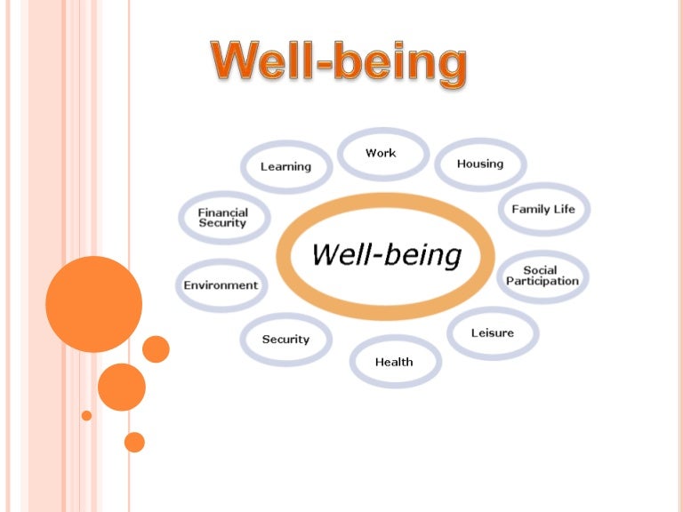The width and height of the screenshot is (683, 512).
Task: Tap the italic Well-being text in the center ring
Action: pos(386,256)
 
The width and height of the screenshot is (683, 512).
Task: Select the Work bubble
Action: pos(381,154)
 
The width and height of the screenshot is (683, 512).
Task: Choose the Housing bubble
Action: pos(480,164)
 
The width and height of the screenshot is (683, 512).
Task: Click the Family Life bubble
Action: pos(543,210)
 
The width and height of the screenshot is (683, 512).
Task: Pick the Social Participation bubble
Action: pos(542,276)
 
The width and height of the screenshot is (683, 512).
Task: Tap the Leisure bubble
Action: pos(493,333)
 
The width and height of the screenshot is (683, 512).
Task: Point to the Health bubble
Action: pos(394,362)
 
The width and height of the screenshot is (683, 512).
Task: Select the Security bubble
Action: pos(285,340)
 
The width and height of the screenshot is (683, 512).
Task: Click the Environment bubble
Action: pos(221,285)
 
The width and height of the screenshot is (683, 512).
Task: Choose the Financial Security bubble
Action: pos(223,218)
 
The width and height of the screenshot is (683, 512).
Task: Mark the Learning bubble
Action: pos(285,166)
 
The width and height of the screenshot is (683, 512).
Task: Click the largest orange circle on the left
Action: pos(93,304)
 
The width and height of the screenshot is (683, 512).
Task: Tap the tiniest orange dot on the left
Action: pos(86,415)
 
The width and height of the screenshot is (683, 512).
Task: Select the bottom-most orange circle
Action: pos(134,442)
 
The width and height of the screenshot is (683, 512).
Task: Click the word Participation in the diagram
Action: pos(542,282)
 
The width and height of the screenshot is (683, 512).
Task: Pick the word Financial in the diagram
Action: pos(223,212)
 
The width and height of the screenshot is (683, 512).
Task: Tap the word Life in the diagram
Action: pos(565,210)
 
